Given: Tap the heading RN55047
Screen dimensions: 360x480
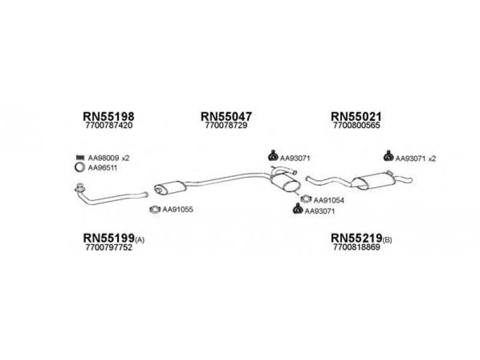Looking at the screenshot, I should [x=226, y=116].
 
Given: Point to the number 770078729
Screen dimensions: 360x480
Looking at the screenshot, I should [x=226, y=126].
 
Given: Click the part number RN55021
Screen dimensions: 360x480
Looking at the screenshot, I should [x=356, y=116].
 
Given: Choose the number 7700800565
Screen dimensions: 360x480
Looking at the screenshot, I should [x=356, y=126].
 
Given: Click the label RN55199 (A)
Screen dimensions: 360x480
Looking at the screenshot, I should [x=113, y=239].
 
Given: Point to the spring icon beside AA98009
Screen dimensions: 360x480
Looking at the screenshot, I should [x=79, y=158].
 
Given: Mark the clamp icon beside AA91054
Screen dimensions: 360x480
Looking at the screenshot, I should [x=305, y=199].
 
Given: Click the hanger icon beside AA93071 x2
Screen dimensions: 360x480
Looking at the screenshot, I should [x=387, y=158].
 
